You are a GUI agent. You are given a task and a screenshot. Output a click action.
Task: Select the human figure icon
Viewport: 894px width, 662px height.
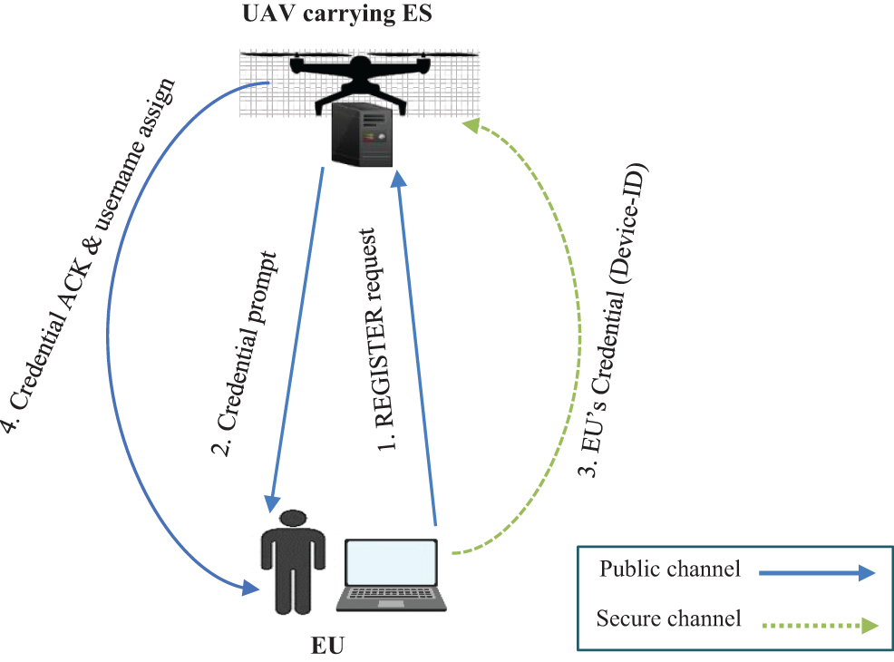pos(293,563)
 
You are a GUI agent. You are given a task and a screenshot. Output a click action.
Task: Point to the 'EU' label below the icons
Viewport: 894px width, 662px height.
pos(329,645)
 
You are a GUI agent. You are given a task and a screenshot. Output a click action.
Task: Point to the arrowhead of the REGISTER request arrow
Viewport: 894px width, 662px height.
pos(397,180)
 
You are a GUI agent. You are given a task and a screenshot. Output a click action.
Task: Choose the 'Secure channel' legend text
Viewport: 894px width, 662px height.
pos(669,619)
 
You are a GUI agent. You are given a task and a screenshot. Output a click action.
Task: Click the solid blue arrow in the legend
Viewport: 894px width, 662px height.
pos(817,572)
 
